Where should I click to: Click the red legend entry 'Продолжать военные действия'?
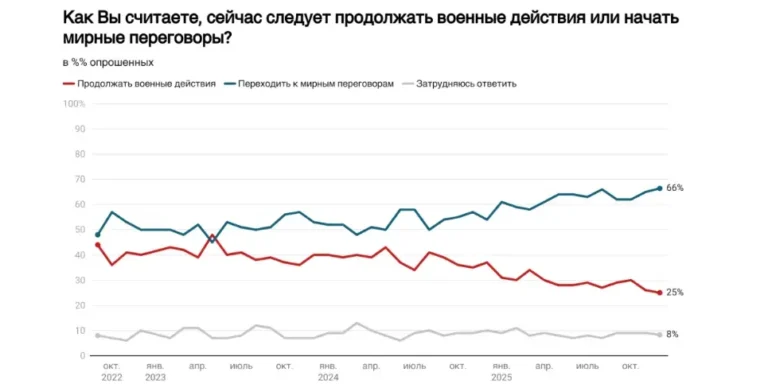pyautogui.click(x=145, y=84)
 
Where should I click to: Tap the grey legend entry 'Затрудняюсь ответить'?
pyautogui.click(x=467, y=84)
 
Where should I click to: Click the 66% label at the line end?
pyautogui.click(x=675, y=188)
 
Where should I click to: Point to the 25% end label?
pyautogui.click(x=675, y=292)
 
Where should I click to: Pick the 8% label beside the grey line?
pyautogui.click(x=673, y=334)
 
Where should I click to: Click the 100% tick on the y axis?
pyautogui.click(x=74, y=103)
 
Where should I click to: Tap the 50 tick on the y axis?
pyautogui.click(x=78, y=229)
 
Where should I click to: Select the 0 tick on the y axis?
pyautogui.click(x=81, y=355)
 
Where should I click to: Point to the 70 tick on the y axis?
pyautogui.click(x=78, y=179)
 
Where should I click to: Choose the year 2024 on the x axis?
pyautogui.click(x=328, y=377)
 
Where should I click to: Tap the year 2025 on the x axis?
pyautogui.click(x=502, y=377)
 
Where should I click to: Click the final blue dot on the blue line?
pyautogui.click(x=659, y=188)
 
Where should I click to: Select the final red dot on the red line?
pyautogui.click(x=659, y=292)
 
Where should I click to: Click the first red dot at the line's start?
pyautogui.click(x=97, y=244)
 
